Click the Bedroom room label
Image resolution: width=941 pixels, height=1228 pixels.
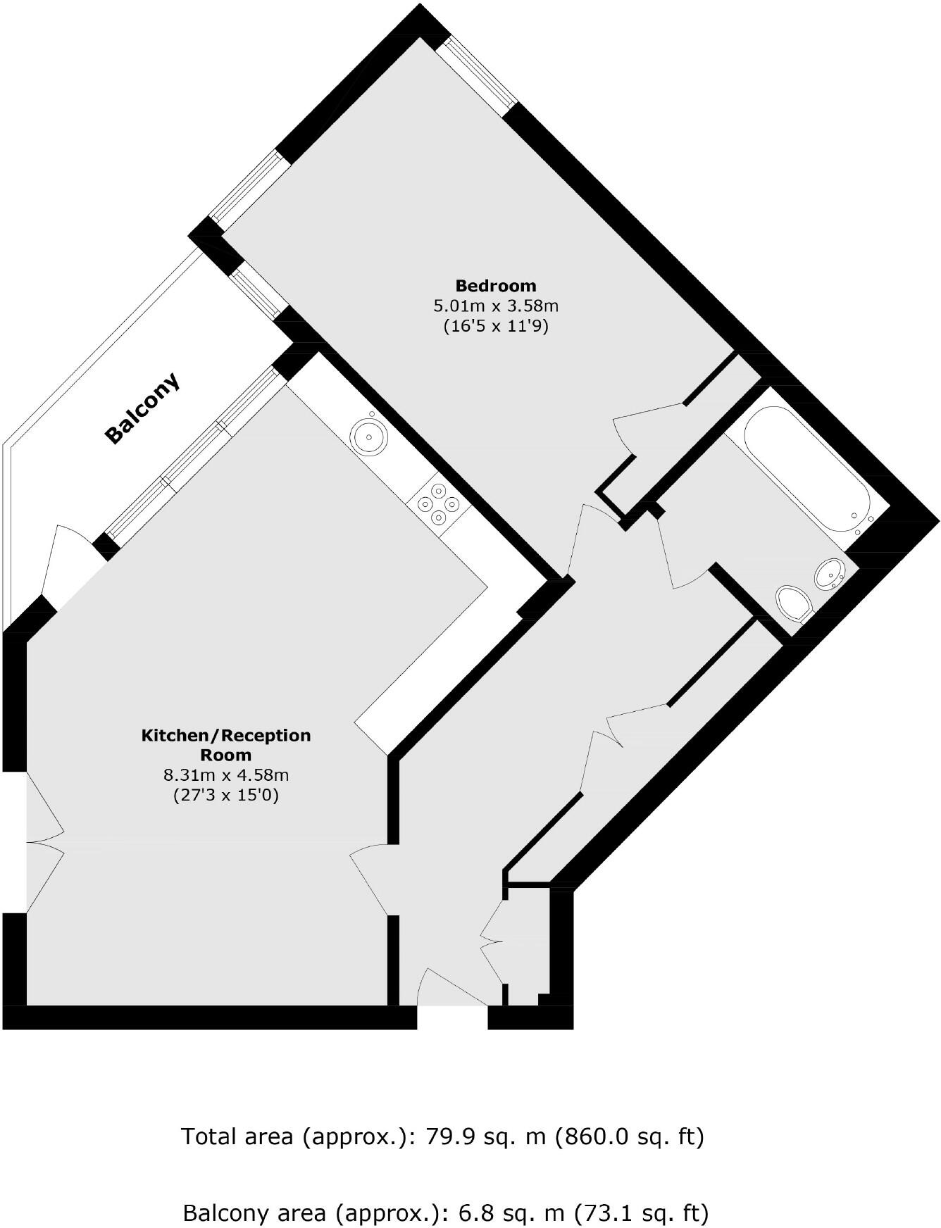click(495, 286)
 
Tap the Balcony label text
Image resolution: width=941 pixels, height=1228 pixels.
click(142, 408)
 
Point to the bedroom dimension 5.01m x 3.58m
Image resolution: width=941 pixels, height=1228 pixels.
click(495, 306)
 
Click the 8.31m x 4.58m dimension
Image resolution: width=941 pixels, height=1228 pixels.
click(226, 776)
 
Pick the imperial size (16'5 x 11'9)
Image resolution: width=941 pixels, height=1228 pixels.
click(495, 327)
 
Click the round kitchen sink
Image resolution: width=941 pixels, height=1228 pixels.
click(369, 436)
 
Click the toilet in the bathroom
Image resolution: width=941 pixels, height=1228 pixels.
click(794, 603)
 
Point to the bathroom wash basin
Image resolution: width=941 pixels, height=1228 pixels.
click(831, 574)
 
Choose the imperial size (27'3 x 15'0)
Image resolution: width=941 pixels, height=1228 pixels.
click(226, 796)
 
